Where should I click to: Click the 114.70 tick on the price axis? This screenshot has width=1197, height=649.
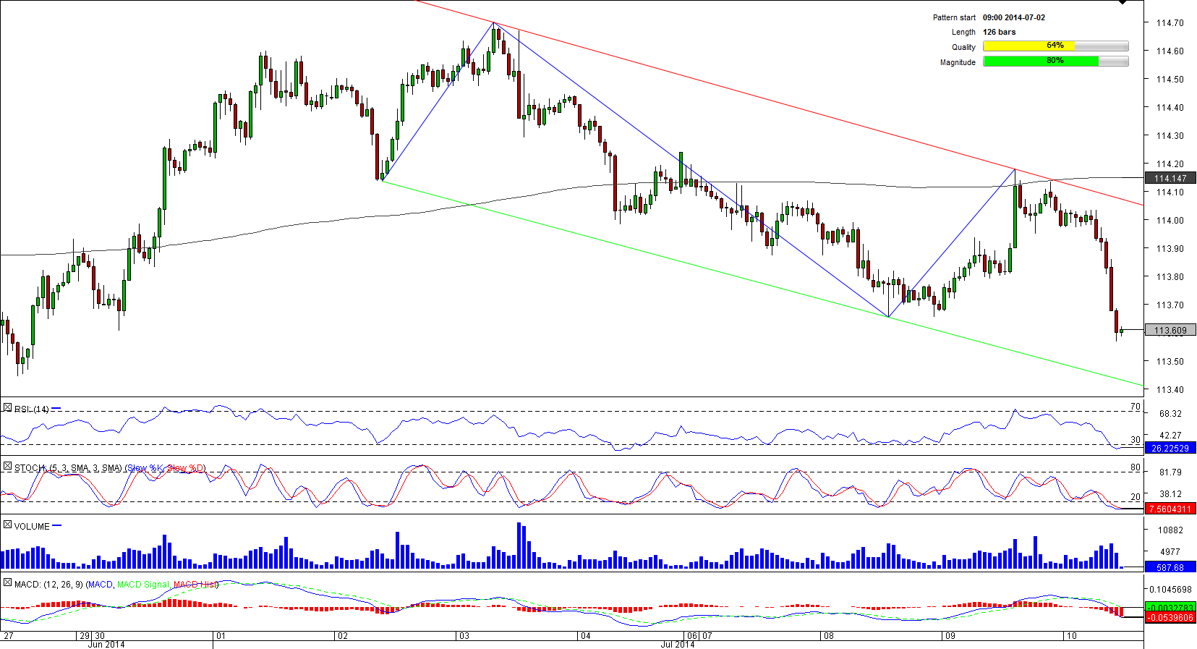click(1170, 23)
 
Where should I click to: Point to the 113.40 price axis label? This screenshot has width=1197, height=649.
click(1170, 390)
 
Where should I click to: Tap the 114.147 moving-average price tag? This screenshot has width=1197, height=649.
click(1170, 178)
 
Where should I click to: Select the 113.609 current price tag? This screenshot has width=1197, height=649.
click(1170, 331)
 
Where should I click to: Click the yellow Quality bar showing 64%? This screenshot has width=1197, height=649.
click(1055, 46)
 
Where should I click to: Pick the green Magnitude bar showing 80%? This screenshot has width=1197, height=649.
click(1055, 61)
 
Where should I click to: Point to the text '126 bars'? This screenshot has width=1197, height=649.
click(999, 32)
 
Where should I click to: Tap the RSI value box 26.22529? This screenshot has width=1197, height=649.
click(1170, 449)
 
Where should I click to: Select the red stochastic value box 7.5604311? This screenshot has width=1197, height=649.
click(1170, 509)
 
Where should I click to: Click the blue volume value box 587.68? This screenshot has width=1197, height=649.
click(1170, 568)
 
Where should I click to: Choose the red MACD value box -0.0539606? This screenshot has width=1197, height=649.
click(1170, 618)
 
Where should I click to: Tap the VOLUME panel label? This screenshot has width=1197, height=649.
click(32, 527)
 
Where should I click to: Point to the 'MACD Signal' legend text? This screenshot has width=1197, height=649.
click(142, 585)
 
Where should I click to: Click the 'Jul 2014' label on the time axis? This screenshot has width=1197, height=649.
click(678, 645)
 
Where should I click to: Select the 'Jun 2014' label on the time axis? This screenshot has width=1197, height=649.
click(106, 645)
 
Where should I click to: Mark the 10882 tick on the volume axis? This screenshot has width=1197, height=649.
click(1170, 530)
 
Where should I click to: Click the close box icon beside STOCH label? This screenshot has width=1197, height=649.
click(7, 467)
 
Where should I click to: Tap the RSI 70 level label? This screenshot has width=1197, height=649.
click(1135, 407)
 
